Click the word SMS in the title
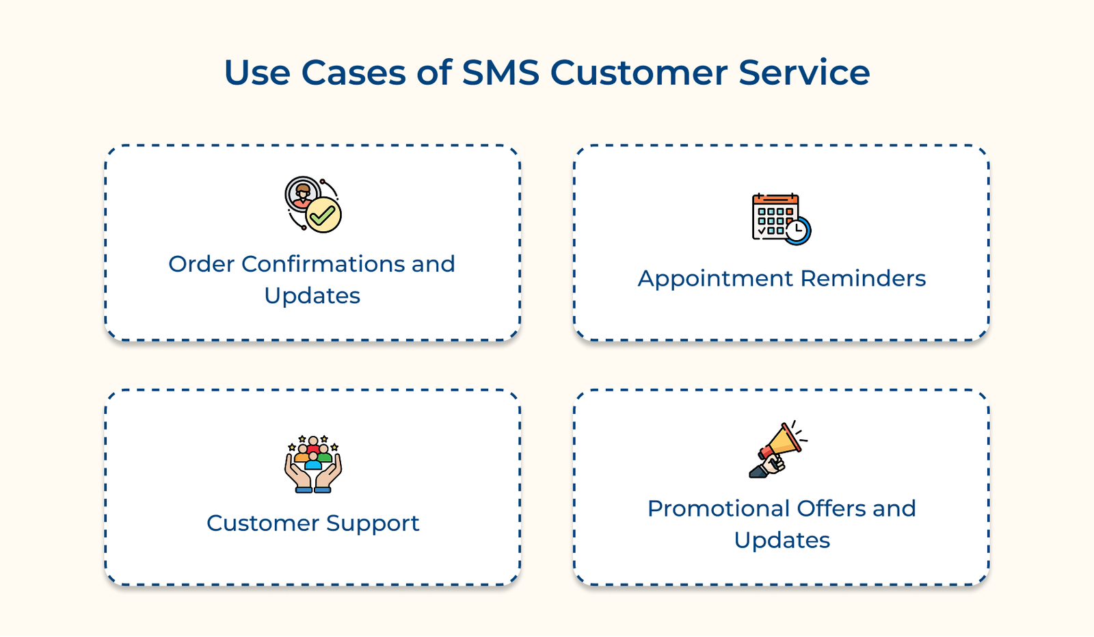point(501,73)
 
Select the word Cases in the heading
point(353,73)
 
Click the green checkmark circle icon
point(323,215)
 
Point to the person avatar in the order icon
point(303,194)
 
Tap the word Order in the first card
point(202,264)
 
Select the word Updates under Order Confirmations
point(312,296)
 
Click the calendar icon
point(776,216)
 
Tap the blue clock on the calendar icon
point(797,231)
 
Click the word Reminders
point(863,278)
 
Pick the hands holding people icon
point(313,464)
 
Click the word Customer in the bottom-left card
point(263,523)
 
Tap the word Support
point(373,524)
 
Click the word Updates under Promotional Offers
point(782,541)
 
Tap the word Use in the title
point(257,73)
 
